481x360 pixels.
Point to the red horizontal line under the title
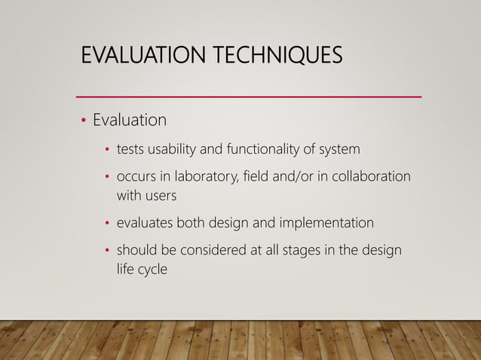[250, 97]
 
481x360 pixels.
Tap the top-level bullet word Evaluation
[129, 121]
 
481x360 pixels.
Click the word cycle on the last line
[150, 269]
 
